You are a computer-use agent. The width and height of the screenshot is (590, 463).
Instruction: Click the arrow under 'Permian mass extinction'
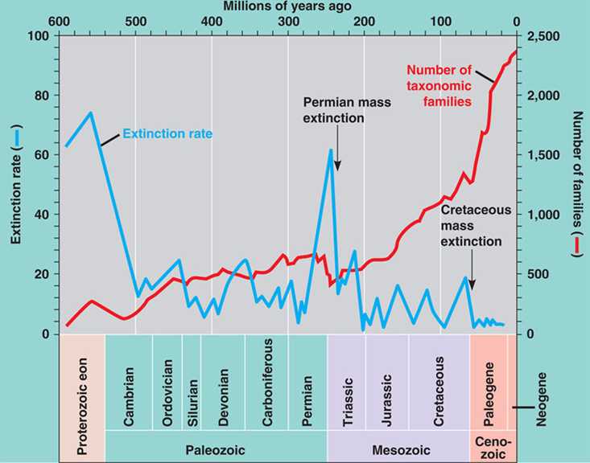coord(337,149)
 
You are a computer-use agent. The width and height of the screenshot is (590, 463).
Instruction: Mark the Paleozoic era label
coord(216,447)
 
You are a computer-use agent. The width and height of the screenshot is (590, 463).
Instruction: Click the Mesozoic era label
coord(398,447)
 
